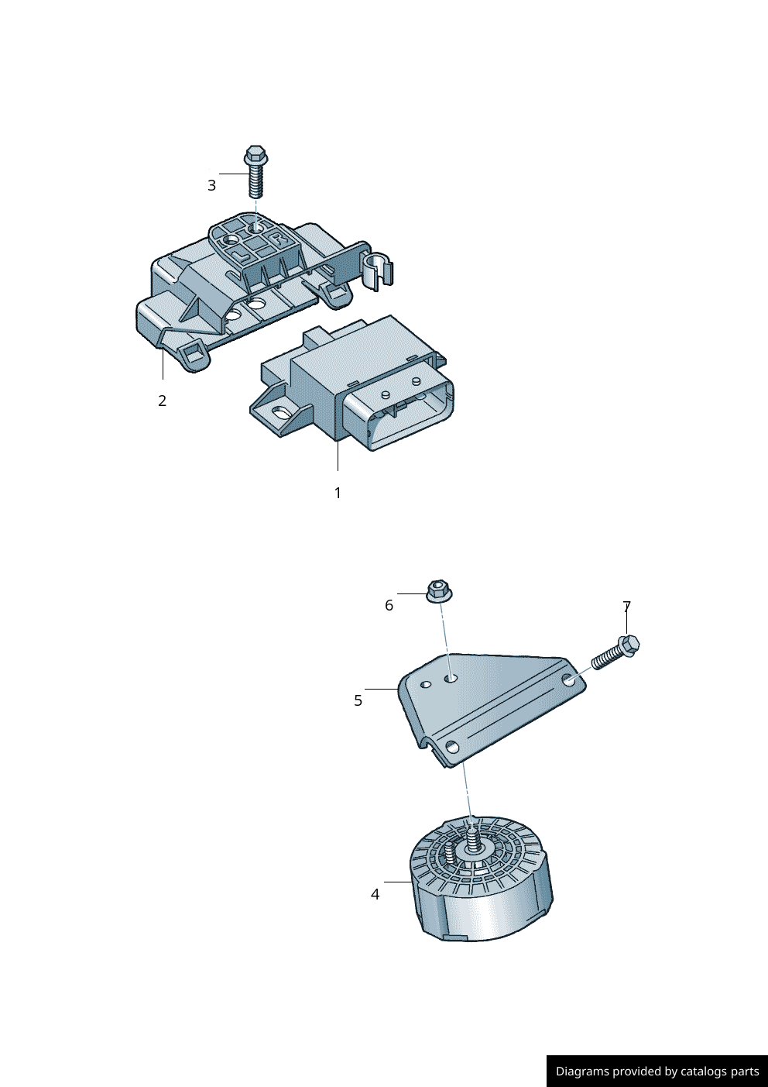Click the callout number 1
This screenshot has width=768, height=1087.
click(x=338, y=493)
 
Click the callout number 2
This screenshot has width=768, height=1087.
click(x=162, y=401)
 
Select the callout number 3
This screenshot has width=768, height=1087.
click(x=211, y=185)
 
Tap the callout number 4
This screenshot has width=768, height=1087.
click(x=375, y=894)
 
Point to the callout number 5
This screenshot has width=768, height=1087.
click(x=358, y=700)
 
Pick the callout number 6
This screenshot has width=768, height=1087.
click(x=389, y=605)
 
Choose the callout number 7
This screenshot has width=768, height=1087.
click(x=626, y=607)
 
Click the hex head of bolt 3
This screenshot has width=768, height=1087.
click(x=255, y=153)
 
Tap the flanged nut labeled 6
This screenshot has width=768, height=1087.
click(x=439, y=590)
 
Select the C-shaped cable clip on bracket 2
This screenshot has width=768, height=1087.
click(x=376, y=269)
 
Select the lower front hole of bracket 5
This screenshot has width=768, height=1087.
click(x=452, y=748)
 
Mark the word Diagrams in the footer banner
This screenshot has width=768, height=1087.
click(x=582, y=1072)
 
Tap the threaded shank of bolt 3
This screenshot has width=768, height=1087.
click(x=256, y=182)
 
